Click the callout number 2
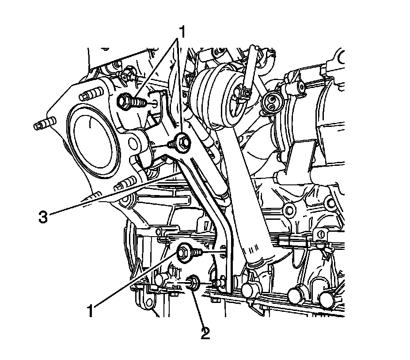coord(205,332)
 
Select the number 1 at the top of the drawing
coord(181,32)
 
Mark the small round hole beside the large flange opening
coord(132,144)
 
